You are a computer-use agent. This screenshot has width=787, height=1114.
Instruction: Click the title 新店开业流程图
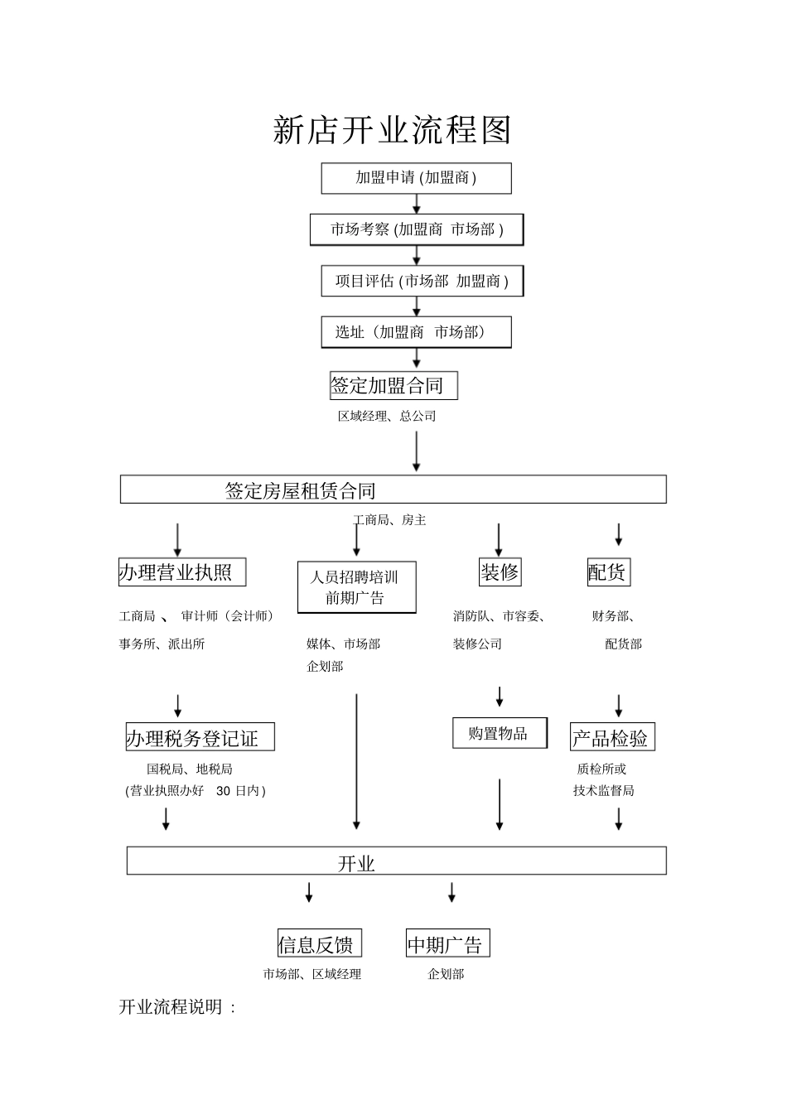tap(393, 131)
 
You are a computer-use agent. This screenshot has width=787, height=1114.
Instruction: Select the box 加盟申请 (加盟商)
tap(416, 178)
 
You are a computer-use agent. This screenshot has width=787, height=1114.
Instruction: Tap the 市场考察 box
tap(417, 229)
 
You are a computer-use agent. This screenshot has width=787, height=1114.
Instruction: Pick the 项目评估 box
tap(422, 282)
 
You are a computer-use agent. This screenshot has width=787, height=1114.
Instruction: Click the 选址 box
tap(416, 332)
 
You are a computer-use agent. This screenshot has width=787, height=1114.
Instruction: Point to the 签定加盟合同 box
tap(393, 385)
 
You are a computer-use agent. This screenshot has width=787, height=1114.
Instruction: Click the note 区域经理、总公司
tap(387, 417)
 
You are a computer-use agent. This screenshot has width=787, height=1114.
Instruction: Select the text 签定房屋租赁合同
tap(301, 490)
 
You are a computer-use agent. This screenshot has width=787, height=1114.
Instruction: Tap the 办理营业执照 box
tap(182, 572)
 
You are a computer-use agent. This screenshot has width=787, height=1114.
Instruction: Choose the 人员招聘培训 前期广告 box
tap(356, 587)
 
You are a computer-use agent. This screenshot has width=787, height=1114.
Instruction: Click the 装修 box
tap(500, 572)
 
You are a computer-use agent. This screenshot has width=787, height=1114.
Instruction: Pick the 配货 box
tap(607, 572)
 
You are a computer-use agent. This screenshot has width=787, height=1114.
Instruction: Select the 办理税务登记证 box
tap(199, 737)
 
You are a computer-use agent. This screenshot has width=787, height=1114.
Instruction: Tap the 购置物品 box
tap(500, 733)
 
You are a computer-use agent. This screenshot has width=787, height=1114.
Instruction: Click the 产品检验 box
tap(612, 737)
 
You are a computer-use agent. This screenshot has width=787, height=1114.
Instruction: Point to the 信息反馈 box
tap(319, 944)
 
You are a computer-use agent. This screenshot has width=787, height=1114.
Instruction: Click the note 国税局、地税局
tap(190, 769)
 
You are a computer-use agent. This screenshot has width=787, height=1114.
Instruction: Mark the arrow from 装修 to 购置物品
tap(500, 697)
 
